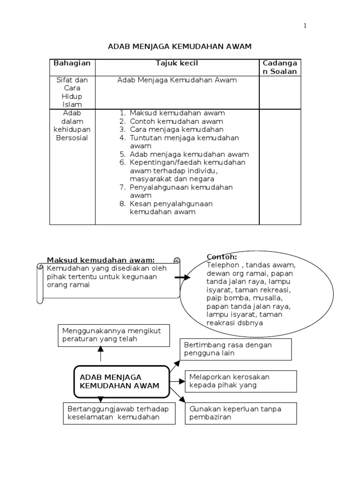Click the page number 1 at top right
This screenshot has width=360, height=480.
[x=305, y=26]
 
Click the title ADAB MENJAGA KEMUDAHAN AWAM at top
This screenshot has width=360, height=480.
[x=180, y=46]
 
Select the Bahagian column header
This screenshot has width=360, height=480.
[x=72, y=63]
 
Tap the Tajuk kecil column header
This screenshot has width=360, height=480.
[x=177, y=63]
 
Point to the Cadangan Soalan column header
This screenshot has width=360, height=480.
[x=280, y=67]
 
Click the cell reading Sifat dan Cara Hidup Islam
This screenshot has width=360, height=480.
[x=72, y=92]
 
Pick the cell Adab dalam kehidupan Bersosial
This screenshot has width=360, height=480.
[x=72, y=125]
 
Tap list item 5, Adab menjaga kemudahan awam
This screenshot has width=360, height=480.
[x=189, y=154]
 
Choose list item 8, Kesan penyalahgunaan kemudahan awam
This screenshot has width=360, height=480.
[x=171, y=208]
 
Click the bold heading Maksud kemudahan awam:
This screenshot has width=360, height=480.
[x=101, y=260]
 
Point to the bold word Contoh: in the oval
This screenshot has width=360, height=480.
[x=222, y=257]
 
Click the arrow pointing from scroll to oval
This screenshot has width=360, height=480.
[x=182, y=277]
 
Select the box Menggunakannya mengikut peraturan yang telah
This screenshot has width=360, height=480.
[x=114, y=335]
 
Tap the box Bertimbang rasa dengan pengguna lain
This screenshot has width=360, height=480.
[x=236, y=349]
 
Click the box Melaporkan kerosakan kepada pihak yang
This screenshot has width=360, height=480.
[x=241, y=381]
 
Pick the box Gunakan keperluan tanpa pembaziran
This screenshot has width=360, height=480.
[x=241, y=413]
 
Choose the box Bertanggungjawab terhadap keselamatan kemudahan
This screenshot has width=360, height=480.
[x=119, y=413]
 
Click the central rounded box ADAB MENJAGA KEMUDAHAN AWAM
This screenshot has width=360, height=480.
[x=121, y=381]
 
